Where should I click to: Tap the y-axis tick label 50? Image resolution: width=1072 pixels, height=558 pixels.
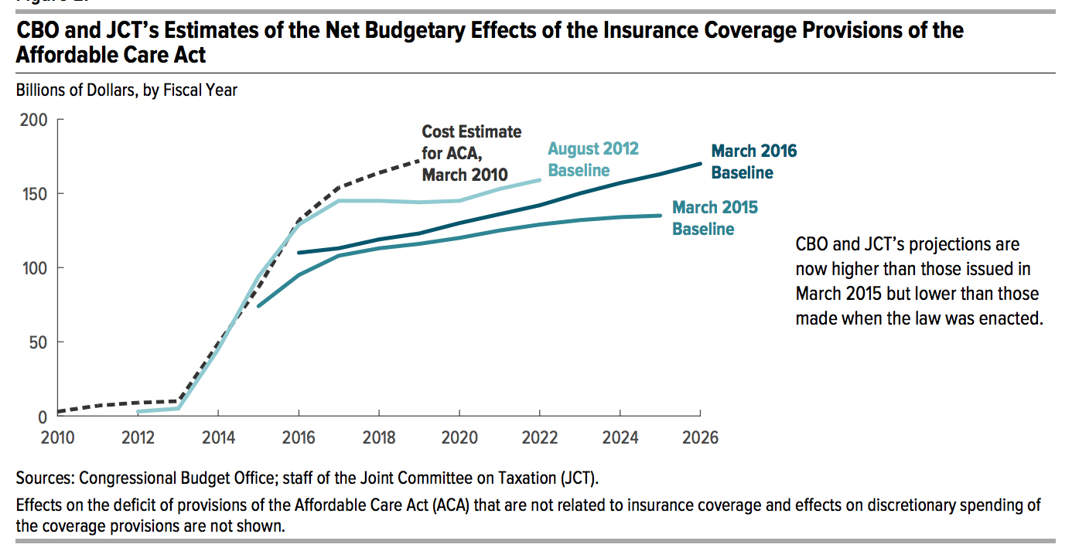click(36, 342)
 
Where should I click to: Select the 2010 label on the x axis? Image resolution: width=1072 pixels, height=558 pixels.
click(57, 437)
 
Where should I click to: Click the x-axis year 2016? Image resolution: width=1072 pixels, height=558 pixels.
click(299, 437)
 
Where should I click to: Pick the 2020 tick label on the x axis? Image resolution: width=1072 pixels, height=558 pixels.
click(459, 437)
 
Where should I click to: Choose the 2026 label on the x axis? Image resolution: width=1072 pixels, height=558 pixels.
click(700, 437)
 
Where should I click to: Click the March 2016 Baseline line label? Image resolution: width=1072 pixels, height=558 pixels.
click(753, 162)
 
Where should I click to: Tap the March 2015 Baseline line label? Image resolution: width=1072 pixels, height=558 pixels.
click(715, 218)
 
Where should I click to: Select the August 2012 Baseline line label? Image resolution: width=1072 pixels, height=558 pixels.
click(593, 159)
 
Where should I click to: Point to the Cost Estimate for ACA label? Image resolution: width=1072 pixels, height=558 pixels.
click(471, 153)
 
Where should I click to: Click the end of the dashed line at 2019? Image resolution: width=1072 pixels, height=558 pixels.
click(419, 160)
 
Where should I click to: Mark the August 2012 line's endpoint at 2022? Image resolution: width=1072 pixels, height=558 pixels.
click(540, 180)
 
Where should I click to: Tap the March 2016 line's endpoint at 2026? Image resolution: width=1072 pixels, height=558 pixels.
click(700, 163)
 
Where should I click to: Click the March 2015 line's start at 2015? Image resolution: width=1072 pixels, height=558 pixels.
click(258, 306)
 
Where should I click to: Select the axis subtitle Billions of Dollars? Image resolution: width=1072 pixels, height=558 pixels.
click(126, 90)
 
